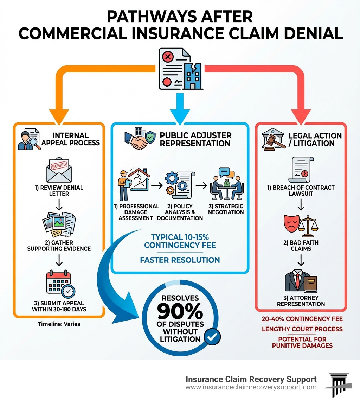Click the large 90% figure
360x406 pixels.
point(180,311)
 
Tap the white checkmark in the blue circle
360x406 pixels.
point(212,337)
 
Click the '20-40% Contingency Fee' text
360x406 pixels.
point(302,319)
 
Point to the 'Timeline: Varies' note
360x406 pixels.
point(59,324)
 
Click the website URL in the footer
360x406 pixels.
point(251,387)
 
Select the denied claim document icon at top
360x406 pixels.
point(180,69)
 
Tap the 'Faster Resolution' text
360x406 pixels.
point(180,260)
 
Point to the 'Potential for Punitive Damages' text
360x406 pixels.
point(302,342)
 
